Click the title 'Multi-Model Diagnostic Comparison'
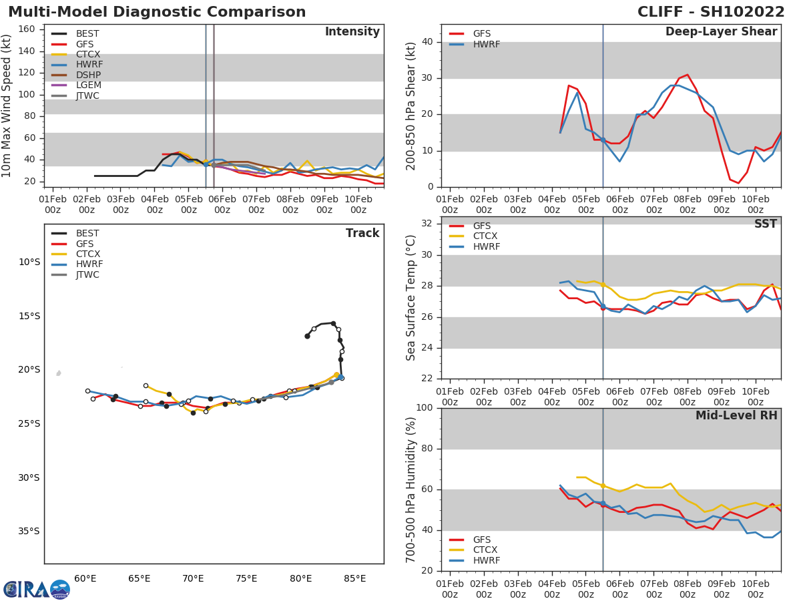[157, 12]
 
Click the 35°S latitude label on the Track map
[27, 532]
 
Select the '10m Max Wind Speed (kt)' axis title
[8, 106]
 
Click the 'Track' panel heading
[362, 233]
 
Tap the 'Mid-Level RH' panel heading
[736, 415]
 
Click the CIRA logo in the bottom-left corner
[37, 589]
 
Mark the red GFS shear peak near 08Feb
[687, 75]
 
